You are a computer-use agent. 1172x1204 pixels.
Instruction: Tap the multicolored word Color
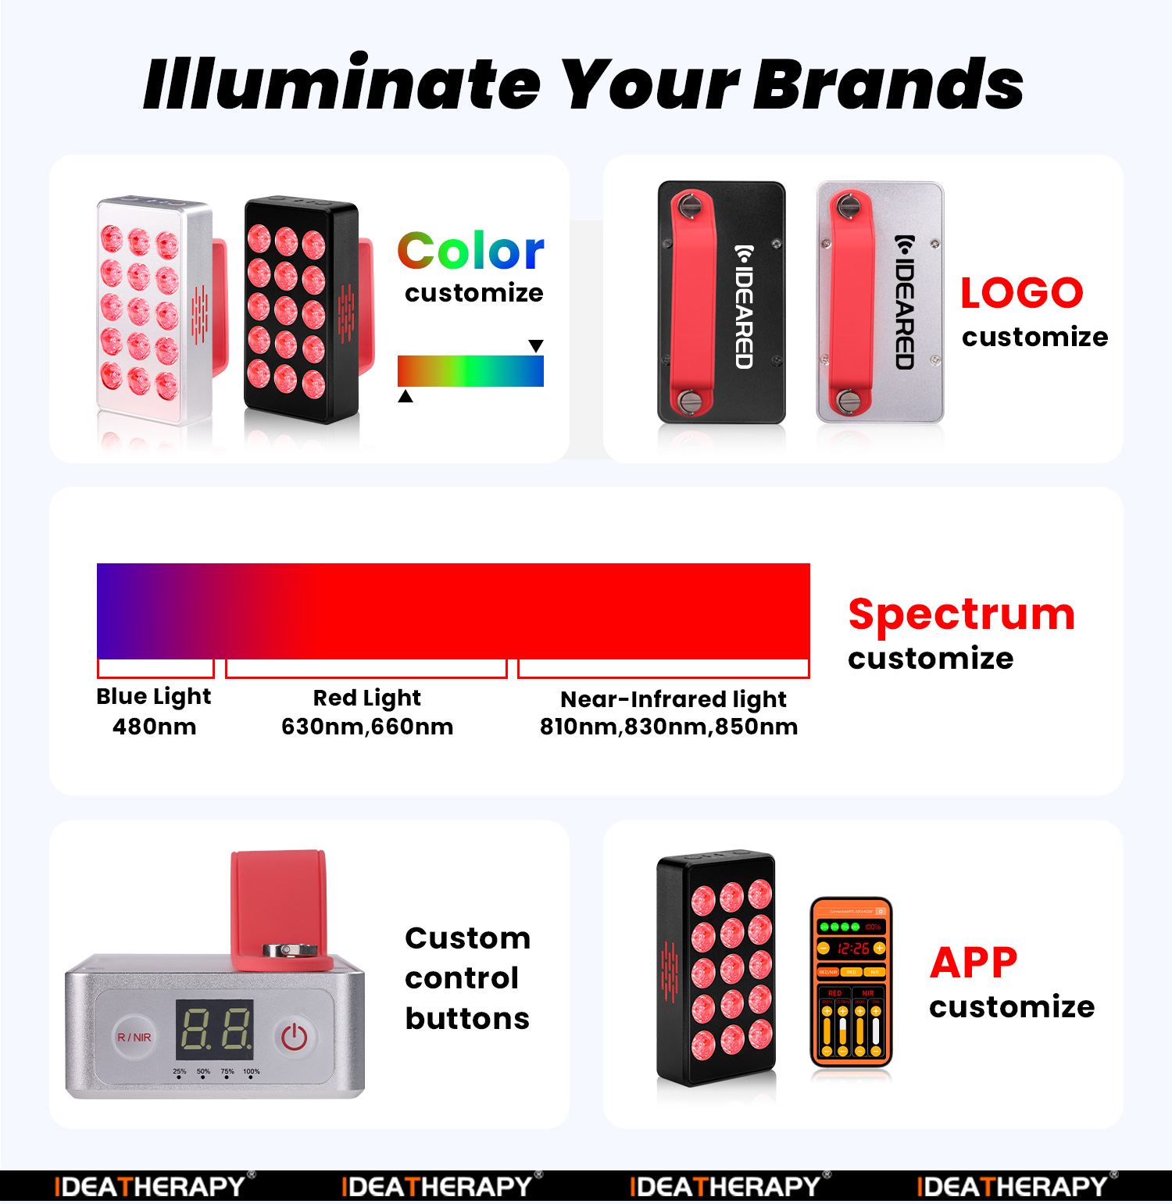pos(470,251)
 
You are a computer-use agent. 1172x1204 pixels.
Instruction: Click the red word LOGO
pos(1021,293)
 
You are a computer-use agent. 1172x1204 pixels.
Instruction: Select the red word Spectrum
pos(961,614)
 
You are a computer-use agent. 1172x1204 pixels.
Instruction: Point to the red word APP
pos(974,962)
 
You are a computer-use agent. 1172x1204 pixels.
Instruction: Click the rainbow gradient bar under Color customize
pos(470,371)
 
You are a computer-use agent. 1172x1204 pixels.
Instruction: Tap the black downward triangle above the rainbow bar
pos(536,345)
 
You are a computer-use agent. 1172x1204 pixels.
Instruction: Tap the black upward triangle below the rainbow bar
pos(406,396)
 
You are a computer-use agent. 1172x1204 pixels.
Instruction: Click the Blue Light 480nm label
pos(154,711)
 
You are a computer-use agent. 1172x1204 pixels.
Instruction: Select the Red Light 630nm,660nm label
pos(367,712)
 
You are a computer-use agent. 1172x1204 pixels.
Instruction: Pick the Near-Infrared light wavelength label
pos(670,713)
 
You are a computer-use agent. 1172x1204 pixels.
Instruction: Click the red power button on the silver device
pos(294,1037)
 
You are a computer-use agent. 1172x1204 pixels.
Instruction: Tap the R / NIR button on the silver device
pos(134,1037)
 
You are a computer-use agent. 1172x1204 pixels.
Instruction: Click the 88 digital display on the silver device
pos(215,1028)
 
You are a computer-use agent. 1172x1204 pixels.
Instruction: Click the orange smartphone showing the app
pos(851,982)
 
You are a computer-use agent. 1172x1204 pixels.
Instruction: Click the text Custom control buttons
pos(467,978)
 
